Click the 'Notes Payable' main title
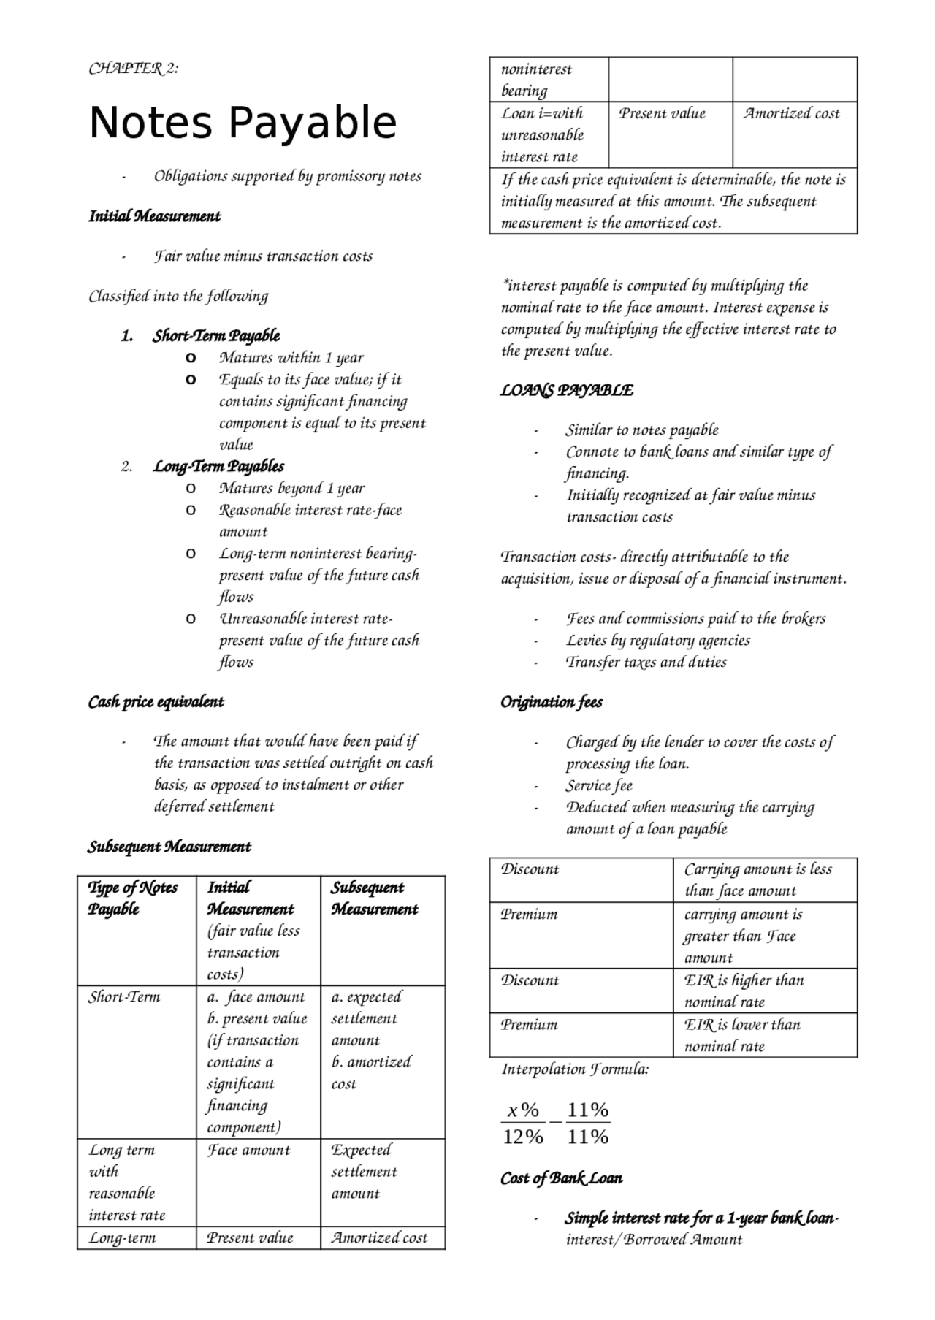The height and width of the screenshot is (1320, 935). (x=243, y=123)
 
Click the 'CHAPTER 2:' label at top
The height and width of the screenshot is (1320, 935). (x=133, y=69)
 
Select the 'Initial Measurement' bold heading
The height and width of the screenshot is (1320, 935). (x=154, y=216)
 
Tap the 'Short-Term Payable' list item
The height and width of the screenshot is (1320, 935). (x=216, y=336)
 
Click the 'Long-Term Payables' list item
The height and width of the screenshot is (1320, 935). (x=218, y=466)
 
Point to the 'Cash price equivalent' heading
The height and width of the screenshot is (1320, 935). (x=156, y=702)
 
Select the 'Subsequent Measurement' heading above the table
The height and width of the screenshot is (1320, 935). (x=169, y=847)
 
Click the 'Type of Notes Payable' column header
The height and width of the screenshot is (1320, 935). (x=133, y=899)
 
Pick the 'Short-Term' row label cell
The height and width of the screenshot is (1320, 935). (x=124, y=997)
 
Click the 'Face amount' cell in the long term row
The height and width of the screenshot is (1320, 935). (x=248, y=1150)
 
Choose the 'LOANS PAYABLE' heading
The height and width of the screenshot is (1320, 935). (x=567, y=391)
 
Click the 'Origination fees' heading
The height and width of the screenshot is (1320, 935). (x=552, y=702)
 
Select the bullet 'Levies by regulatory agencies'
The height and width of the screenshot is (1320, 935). (x=657, y=641)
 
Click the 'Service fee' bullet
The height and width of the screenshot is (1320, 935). (x=599, y=786)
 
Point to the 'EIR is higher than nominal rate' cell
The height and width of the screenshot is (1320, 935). (x=744, y=991)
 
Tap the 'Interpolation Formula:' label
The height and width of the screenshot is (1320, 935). (x=575, y=1069)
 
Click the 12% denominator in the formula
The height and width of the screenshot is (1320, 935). (x=523, y=1137)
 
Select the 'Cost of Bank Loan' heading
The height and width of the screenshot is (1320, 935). (x=562, y=1178)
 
